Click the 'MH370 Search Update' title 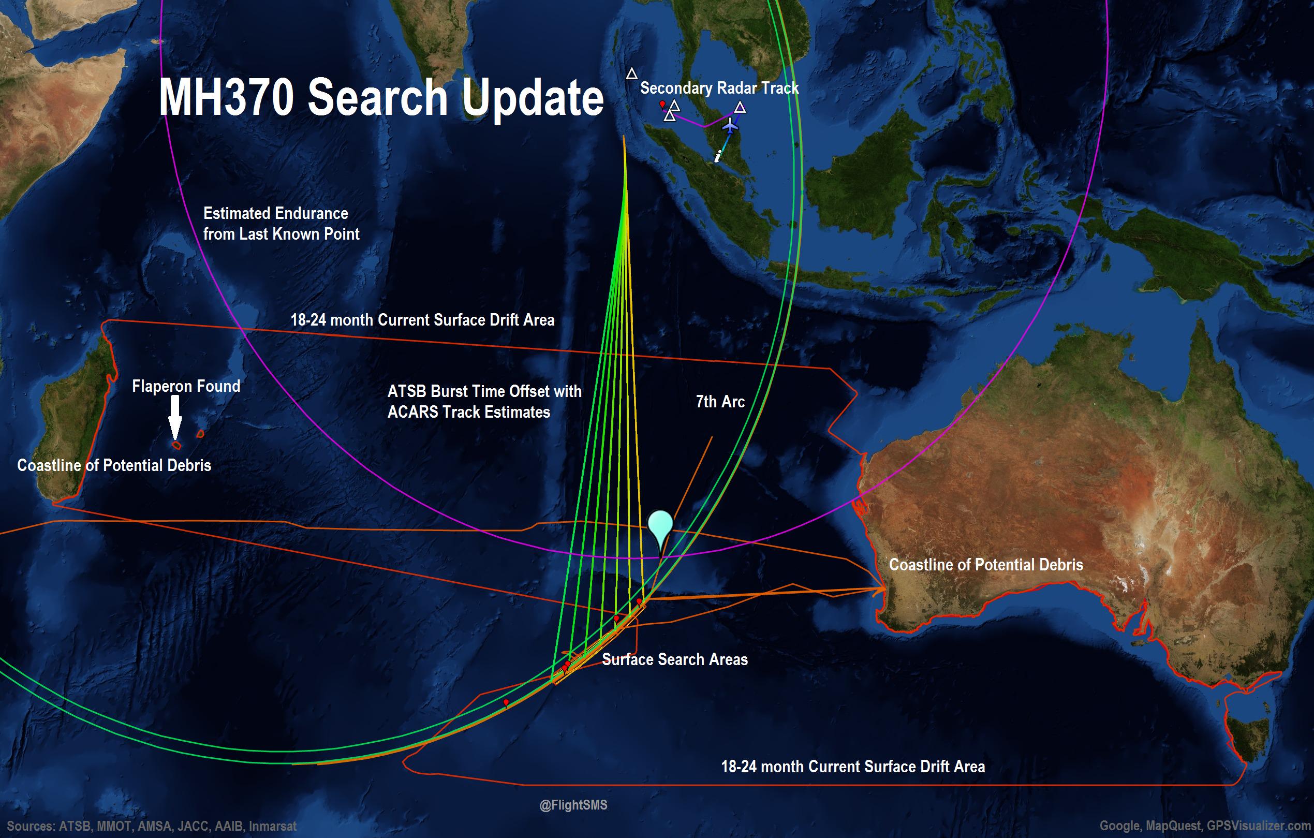click(x=381, y=97)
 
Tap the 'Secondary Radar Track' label click(x=719, y=88)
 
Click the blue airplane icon click(x=730, y=126)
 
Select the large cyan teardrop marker click(x=660, y=526)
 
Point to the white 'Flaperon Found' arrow click(x=174, y=416)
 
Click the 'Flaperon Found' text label click(x=185, y=386)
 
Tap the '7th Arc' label click(x=720, y=402)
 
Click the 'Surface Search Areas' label click(x=674, y=659)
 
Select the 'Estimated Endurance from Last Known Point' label click(x=280, y=223)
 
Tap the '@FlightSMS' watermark click(x=573, y=805)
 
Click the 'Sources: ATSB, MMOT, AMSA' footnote click(x=152, y=826)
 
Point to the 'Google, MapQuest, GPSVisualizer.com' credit click(x=1204, y=826)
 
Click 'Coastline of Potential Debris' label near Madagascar click(x=114, y=465)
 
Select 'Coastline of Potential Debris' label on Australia click(x=985, y=565)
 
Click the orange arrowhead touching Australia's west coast click(x=879, y=589)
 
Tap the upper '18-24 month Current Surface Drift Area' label click(x=422, y=320)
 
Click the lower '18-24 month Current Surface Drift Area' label click(x=853, y=767)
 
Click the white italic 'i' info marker click(x=718, y=157)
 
